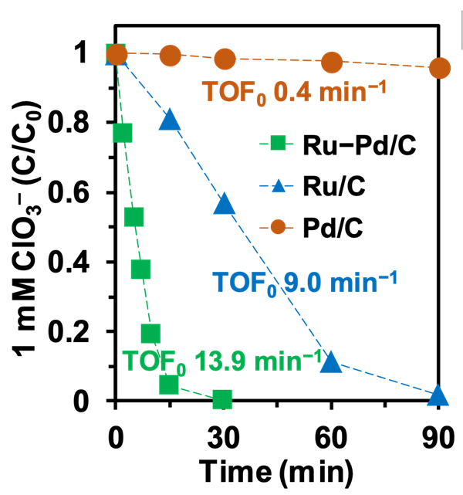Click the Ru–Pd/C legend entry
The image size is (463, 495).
pyautogui.click(x=337, y=144)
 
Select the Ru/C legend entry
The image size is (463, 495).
pyautogui.click(x=313, y=186)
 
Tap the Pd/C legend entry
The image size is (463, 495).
pyautogui.click(x=311, y=227)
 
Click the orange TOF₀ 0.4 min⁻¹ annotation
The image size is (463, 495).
pyautogui.click(x=294, y=91)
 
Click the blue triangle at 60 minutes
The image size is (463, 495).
pyautogui.click(x=331, y=361)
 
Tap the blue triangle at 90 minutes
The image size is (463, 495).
pyautogui.click(x=438, y=395)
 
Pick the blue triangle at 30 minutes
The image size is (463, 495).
pyautogui.click(x=225, y=203)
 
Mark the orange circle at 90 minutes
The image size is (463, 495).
pyautogui.click(x=440, y=68)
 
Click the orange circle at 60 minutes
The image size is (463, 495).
pyautogui.click(x=332, y=63)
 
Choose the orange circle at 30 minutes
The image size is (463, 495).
pyautogui.click(x=225, y=59)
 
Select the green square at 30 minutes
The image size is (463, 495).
pyautogui.click(x=222, y=399)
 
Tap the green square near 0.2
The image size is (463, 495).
pyautogui.click(x=150, y=334)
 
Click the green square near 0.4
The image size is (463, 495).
pyautogui.click(x=140, y=270)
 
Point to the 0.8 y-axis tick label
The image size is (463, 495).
pyautogui.click(x=69, y=122)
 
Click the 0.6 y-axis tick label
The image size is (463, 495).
pyautogui.click(x=69, y=192)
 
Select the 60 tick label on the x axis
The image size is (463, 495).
pyautogui.click(x=331, y=438)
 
